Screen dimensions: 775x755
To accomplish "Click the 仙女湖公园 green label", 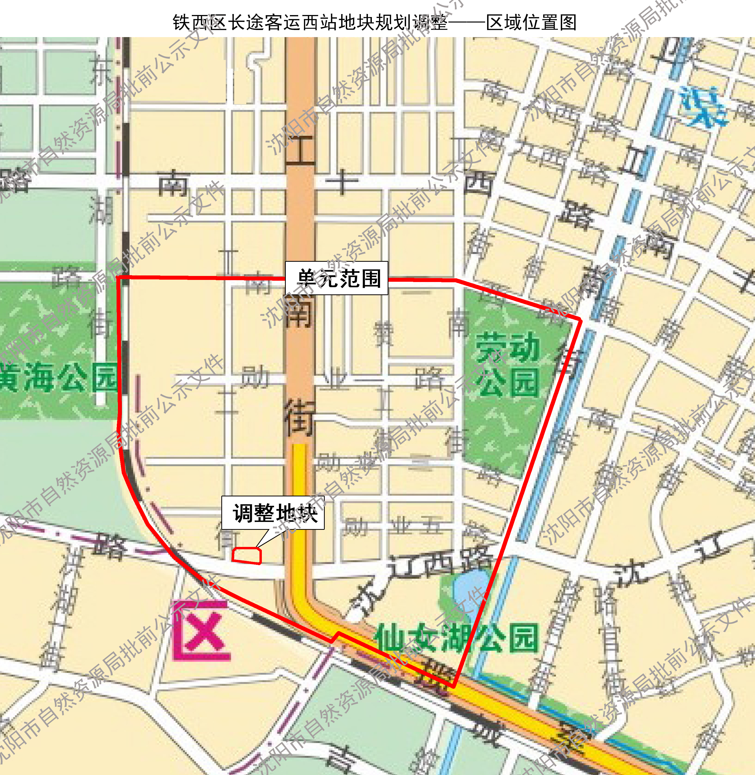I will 456,638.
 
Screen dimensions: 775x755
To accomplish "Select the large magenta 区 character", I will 201,631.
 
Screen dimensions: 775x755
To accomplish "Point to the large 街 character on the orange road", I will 300,418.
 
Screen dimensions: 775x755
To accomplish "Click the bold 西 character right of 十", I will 479,183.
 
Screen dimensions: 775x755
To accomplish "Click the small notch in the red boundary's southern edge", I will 336,636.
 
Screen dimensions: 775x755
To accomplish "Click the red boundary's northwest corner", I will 118,278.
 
